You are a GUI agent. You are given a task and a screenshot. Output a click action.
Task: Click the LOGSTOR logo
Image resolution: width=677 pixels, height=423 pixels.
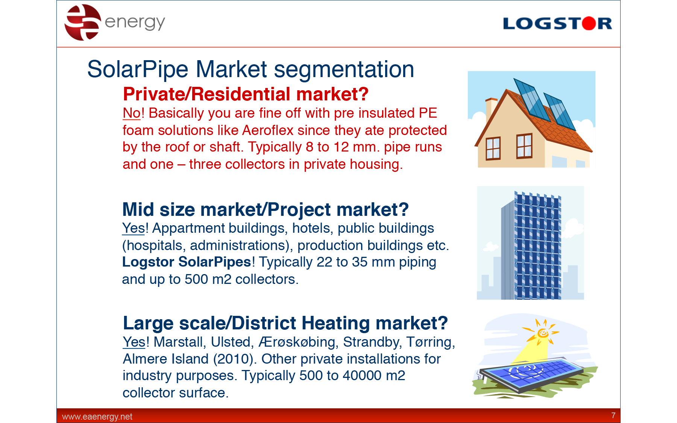[557, 23]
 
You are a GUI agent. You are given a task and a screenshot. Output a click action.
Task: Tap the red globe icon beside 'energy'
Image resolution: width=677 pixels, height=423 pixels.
[83, 22]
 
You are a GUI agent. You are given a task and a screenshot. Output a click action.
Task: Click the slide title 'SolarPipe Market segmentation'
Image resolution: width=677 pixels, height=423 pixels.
[250, 69]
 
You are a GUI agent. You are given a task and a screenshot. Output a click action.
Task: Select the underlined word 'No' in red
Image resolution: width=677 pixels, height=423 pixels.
[131, 113]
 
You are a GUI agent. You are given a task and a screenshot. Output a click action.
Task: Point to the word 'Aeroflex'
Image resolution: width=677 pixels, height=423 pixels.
[267, 130]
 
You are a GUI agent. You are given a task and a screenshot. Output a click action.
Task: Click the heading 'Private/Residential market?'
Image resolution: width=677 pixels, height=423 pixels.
[246, 94]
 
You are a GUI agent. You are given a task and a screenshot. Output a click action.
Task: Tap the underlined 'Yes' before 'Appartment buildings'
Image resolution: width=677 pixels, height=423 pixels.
[133, 228]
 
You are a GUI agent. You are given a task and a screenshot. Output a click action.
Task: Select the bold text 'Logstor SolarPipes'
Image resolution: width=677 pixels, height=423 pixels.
[187, 262]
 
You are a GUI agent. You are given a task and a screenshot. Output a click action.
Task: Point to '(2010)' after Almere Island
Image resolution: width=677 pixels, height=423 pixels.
[235, 359]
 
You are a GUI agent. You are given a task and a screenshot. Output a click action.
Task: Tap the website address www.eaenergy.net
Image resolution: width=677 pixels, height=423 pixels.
[97, 417]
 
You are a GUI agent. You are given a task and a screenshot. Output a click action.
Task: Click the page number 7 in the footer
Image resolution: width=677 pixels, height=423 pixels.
[613, 415]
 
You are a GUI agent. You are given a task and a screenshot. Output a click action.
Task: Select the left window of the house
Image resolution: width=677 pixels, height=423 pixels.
[493, 148]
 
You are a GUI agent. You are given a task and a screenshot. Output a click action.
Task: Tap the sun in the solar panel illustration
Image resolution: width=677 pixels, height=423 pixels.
[542, 332]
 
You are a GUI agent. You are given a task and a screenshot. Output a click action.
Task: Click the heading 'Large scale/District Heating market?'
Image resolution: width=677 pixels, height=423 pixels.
[285, 323]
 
